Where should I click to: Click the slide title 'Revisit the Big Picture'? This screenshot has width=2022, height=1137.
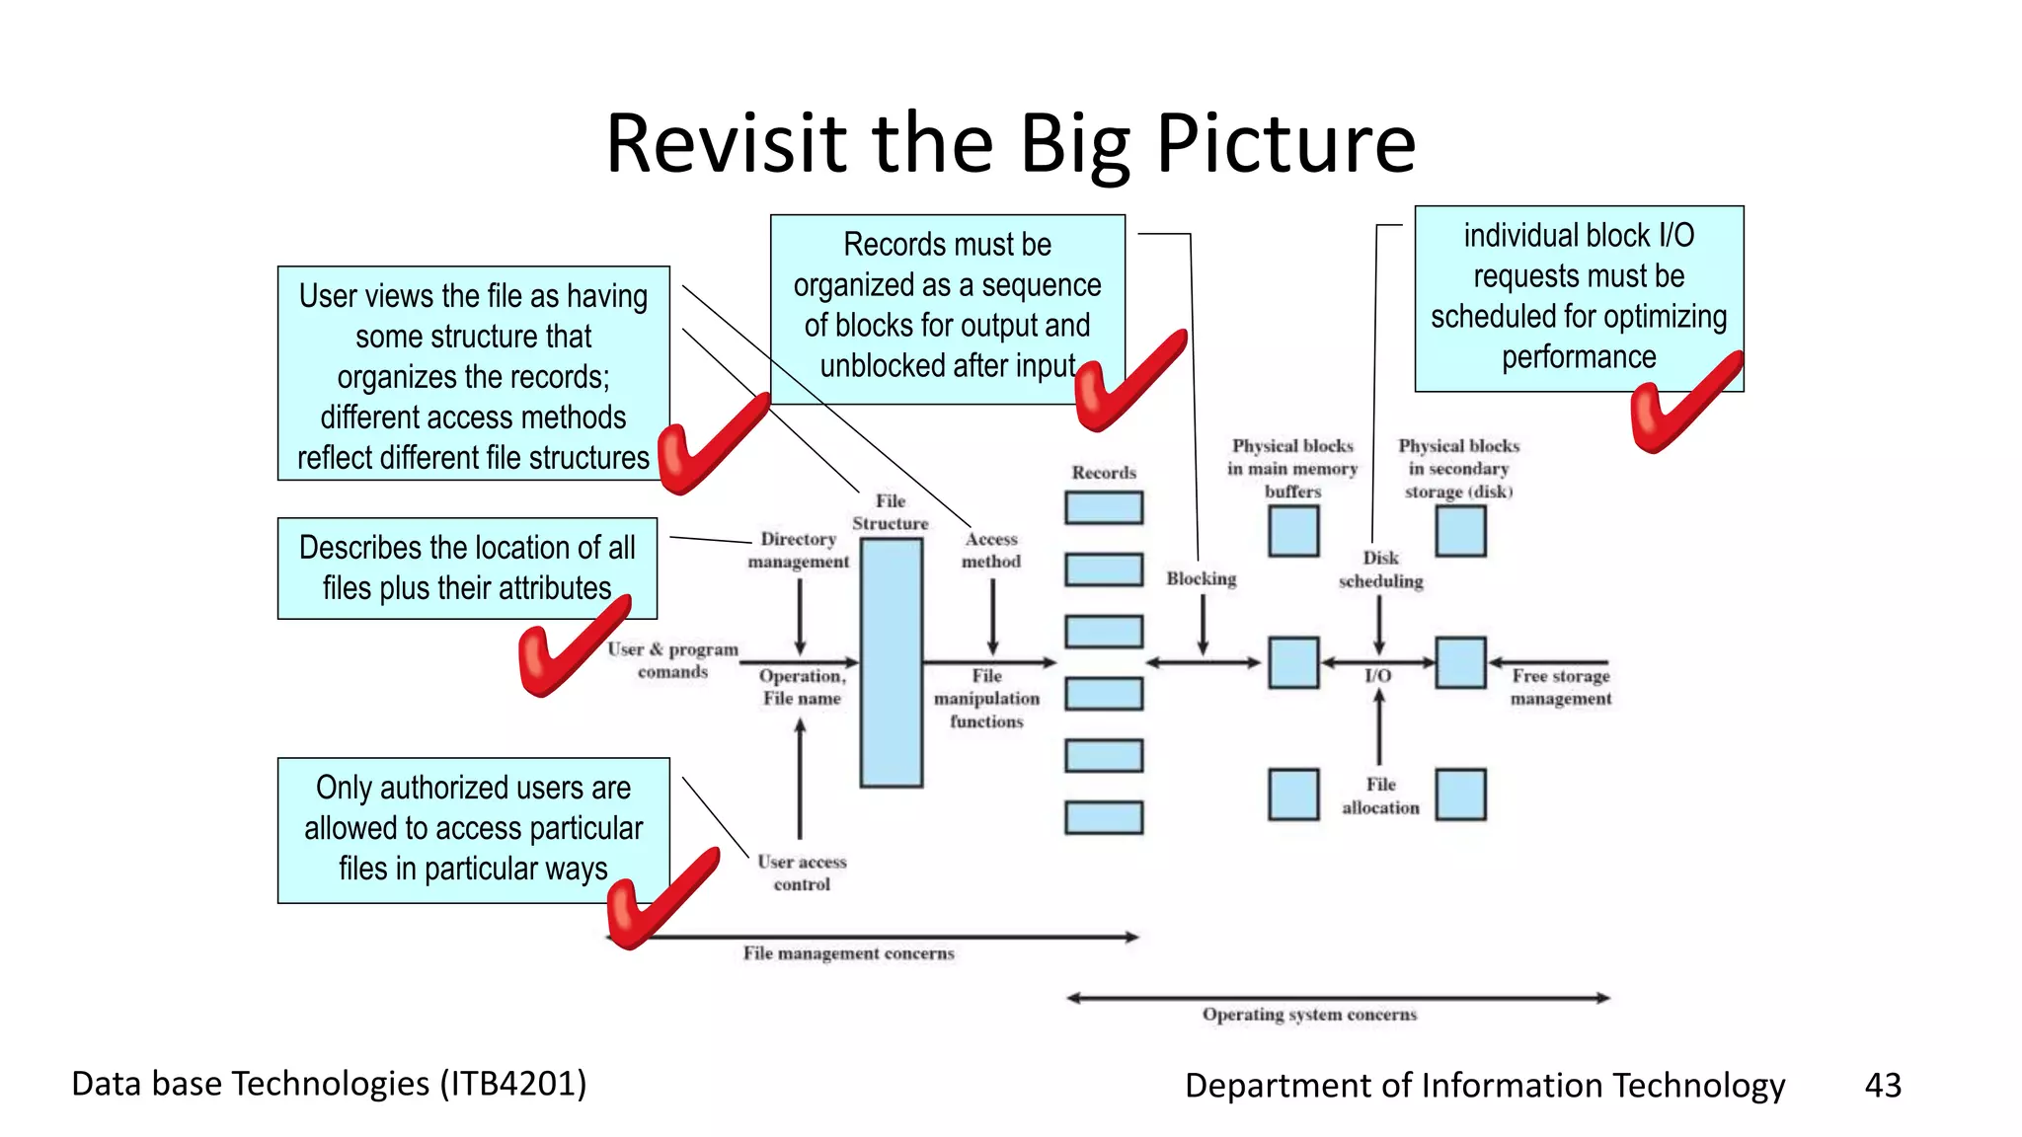[x=1010, y=144]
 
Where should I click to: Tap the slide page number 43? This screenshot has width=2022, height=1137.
[x=1882, y=1085]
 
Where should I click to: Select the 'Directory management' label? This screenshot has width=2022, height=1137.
[x=798, y=550]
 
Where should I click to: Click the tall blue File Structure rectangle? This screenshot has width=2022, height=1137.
[x=891, y=662]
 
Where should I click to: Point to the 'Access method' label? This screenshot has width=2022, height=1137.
[x=991, y=550]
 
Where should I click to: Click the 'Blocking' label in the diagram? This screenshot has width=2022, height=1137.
[x=1201, y=578]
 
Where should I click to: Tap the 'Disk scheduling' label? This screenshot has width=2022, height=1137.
[x=1380, y=569]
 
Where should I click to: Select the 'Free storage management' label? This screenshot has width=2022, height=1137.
[x=1560, y=687]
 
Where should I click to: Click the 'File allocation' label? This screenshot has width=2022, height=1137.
[x=1380, y=796]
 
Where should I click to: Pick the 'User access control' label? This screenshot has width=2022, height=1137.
[x=802, y=872]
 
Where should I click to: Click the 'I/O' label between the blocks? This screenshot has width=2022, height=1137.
[x=1377, y=676]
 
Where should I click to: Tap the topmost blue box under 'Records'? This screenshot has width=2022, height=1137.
[x=1104, y=507]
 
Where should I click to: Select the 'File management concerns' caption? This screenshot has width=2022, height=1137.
[x=848, y=953]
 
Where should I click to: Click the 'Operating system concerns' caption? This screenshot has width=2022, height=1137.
[x=1309, y=1015]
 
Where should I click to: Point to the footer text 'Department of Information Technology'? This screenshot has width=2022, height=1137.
[x=1484, y=1085]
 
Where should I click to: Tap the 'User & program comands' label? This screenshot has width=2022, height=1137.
[x=673, y=660]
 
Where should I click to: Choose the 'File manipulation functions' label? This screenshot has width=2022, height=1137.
[x=986, y=699]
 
